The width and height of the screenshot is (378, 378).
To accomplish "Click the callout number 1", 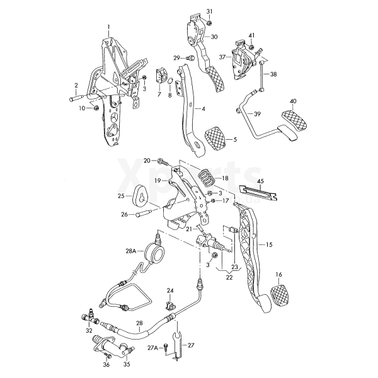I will pyautogui.click(x=108, y=26).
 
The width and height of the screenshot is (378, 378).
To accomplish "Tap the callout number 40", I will pyautogui.click(x=293, y=101).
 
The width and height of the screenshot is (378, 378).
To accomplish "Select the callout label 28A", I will pyautogui.click(x=130, y=251).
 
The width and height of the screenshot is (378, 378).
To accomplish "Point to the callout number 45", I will pyautogui.click(x=260, y=181).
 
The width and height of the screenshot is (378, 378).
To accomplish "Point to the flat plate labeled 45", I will pyautogui.click(x=259, y=190).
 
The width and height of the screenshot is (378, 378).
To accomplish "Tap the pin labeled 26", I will pyautogui.click(x=143, y=215).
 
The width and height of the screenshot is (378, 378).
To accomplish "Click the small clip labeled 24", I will pyautogui.click(x=169, y=306).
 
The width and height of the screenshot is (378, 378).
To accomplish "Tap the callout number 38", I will pyautogui.click(x=273, y=74).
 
